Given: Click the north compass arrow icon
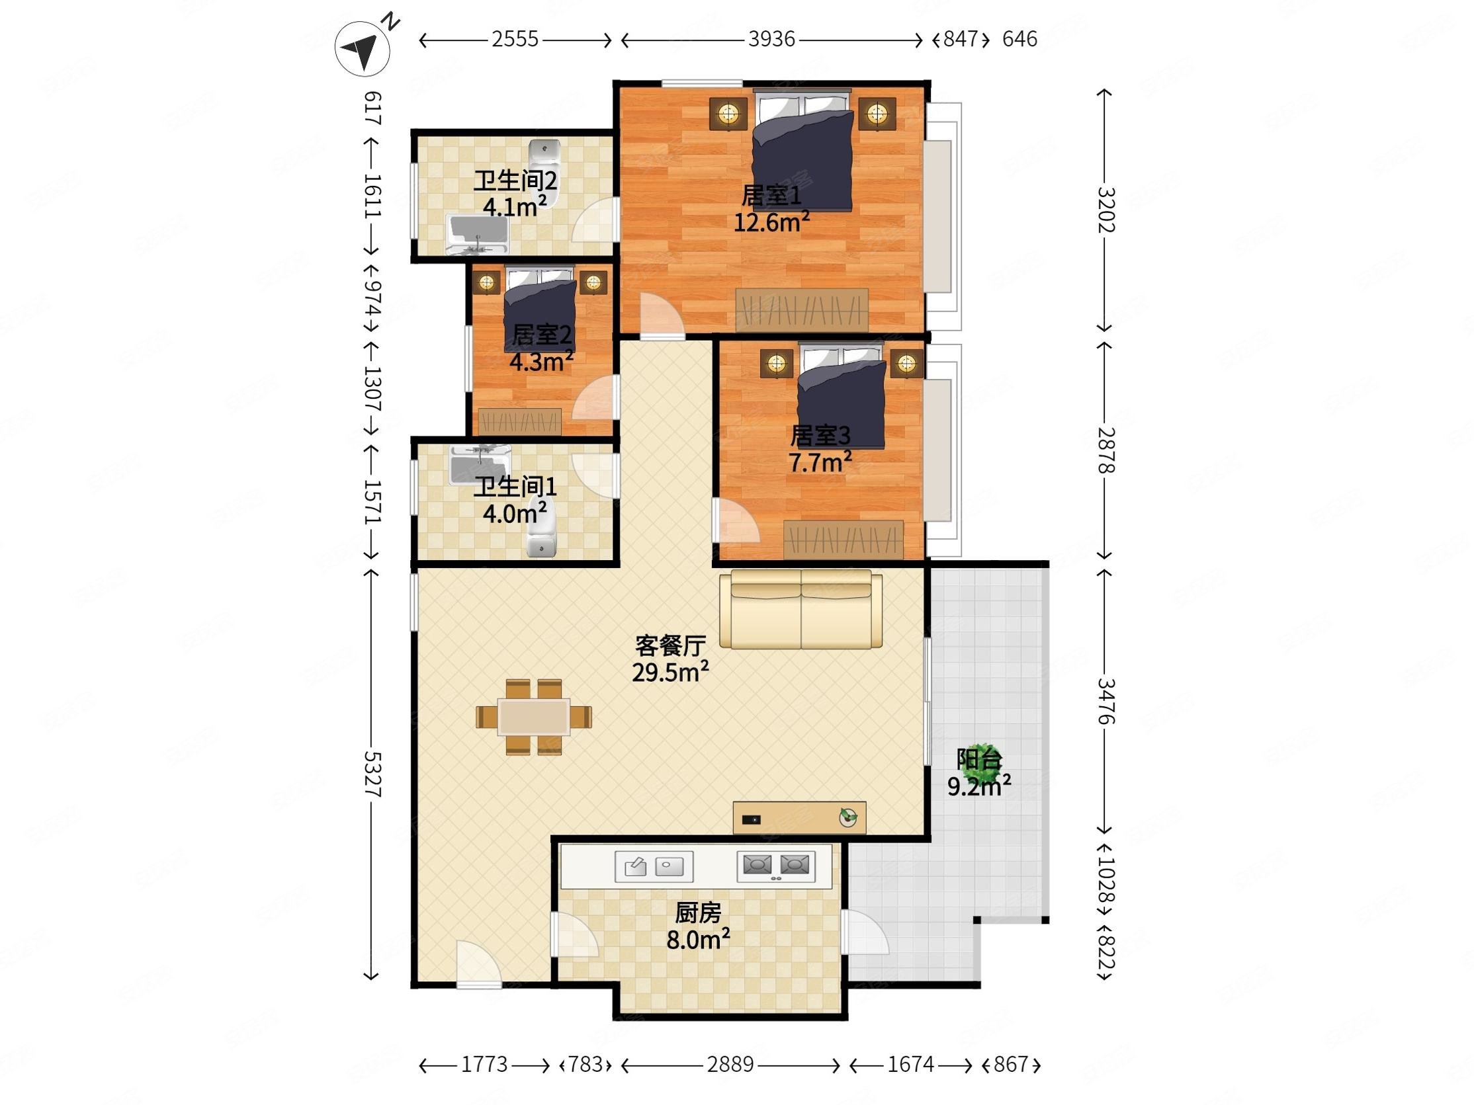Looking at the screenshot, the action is pyautogui.click(x=363, y=48).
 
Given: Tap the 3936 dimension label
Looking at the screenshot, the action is pyautogui.click(x=771, y=39).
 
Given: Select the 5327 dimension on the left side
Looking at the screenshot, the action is pyautogui.click(x=372, y=774).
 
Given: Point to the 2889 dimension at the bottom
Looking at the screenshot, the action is pyautogui.click(x=730, y=1065).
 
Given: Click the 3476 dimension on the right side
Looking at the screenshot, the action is pyautogui.click(x=1105, y=701).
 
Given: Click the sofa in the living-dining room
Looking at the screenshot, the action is pyautogui.click(x=801, y=609).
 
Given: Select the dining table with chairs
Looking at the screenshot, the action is pyautogui.click(x=534, y=717).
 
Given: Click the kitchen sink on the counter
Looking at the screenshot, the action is pyautogui.click(x=654, y=866).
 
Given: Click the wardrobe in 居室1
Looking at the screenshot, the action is pyautogui.click(x=802, y=309).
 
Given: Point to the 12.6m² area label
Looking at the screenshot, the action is pyautogui.click(x=771, y=222).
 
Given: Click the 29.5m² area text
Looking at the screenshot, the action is pyautogui.click(x=670, y=672).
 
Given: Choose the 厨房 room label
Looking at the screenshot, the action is pyautogui.click(x=699, y=913).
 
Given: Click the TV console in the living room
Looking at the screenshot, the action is pyautogui.click(x=800, y=817).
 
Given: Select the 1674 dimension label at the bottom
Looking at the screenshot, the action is pyautogui.click(x=910, y=1065).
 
